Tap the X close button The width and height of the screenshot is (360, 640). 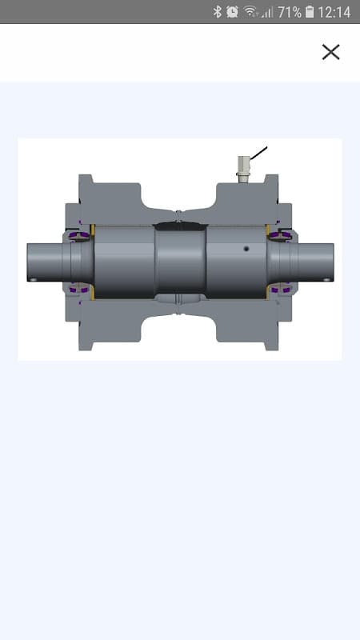coord(330,52)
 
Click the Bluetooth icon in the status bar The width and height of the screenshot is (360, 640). coord(217,11)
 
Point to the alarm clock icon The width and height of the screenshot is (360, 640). coord(232,11)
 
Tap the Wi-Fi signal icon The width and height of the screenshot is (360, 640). coord(250,11)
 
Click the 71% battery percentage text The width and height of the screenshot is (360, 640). coord(289,12)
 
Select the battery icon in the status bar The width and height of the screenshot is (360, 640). coord(310,12)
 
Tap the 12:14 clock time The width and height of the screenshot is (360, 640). coord(334,12)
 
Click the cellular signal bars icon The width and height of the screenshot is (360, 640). coord(266,12)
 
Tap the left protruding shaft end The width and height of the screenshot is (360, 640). coord(44,262)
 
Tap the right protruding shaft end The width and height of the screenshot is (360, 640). coord(316,261)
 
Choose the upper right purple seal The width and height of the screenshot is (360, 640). coord(281,234)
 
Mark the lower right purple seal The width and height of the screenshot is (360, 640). coord(281,289)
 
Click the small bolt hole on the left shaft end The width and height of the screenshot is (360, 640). coord(33,279)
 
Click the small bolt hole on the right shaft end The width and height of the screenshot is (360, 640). coord(325,279)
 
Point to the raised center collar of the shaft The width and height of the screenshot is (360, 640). coord(180,260)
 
